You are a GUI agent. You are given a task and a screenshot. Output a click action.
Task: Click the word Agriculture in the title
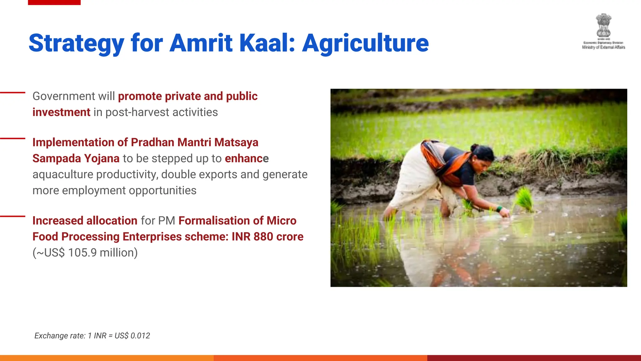click(x=365, y=43)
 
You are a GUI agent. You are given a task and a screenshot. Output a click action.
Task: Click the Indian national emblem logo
click(x=603, y=25)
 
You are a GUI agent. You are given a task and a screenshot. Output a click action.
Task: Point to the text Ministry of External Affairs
click(x=603, y=47)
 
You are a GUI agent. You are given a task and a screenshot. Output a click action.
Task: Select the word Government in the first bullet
click(x=64, y=96)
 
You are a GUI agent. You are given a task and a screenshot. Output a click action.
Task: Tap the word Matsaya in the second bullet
click(x=236, y=142)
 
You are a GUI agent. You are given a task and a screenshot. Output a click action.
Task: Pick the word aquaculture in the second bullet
click(x=63, y=175)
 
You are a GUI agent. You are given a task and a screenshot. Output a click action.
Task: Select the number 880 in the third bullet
click(x=263, y=237)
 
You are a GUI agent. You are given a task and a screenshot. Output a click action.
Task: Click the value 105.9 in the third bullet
click(x=82, y=253)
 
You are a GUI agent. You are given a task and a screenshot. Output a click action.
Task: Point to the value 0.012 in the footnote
click(x=140, y=336)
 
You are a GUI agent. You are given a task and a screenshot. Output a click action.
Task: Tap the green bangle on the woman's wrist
click(x=499, y=208)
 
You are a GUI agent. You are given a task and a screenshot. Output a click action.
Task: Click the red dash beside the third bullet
click(x=13, y=216)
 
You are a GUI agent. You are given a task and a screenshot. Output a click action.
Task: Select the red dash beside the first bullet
click(x=13, y=92)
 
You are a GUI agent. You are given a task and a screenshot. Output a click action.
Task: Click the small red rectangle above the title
click(x=54, y=2)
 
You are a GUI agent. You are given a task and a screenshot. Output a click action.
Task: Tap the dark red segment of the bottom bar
click(x=534, y=358)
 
